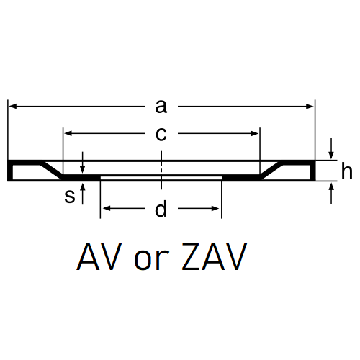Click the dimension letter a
[x=161, y=107]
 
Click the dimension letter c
[x=161, y=134]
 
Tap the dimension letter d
[x=161, y=209]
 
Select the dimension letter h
[x=346, y=171]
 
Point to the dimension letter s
[x=70, y=196]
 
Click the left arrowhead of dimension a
[x=13, y=107]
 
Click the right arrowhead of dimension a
[x=310, y=107]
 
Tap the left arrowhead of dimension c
[x=68, y=134]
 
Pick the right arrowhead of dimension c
[x=255, y=134]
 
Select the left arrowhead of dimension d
[x=107, y=208]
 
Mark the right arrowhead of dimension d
[x=215, y=208]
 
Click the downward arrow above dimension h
[x=331, y=148]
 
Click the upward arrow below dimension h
[x=331, y=193]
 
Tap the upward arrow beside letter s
[x=83, y=194]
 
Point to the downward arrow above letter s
[x=83, y=163]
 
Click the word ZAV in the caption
[x=214, y=256]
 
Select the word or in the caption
[x=152, y=260]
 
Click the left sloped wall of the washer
[x=52, y=171]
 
